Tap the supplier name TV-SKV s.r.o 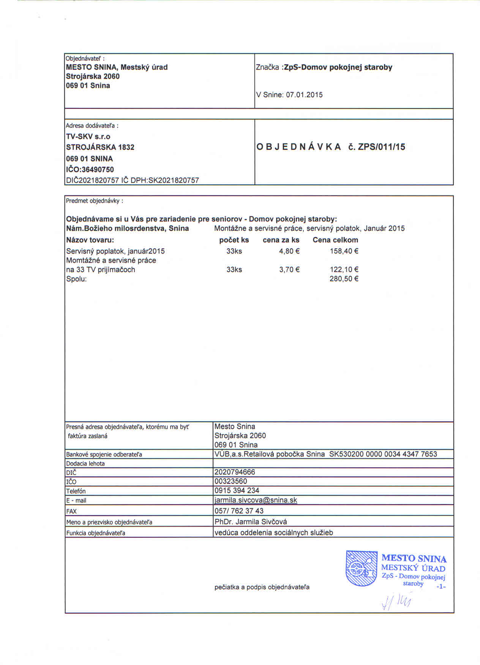88,137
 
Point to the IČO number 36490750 98,170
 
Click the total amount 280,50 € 344,279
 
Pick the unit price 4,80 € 289,251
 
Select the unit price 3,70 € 289,270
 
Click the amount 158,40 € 344,251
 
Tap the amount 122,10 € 344,270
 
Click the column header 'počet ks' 234,240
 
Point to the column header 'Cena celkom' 335,240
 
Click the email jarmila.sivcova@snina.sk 256,500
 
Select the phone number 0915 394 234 237,491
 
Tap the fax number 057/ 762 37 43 239,511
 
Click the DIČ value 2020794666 235,472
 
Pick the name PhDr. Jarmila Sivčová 251,522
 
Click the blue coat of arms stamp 361,568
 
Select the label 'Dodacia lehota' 85,463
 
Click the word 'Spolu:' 77,279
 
